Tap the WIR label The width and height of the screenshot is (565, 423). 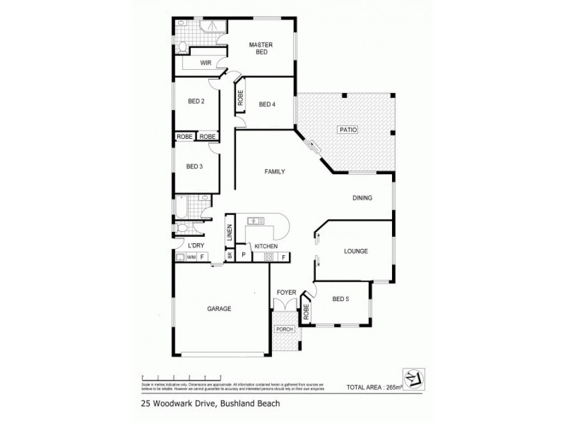pos(206,63)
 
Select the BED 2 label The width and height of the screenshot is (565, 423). pos(196,102)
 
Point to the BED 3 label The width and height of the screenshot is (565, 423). pos(195,166)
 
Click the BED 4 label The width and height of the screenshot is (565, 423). pos(267,105)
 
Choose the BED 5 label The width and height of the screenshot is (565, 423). pos(341,299)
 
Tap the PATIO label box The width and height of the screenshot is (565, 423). pos(347,130)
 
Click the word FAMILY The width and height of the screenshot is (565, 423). pos(275,172)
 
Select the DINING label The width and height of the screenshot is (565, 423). pos(362,198)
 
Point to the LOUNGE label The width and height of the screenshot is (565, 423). pos(355,250)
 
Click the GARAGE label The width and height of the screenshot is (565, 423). pos(219,308)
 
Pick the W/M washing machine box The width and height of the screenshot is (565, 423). pos(191,258)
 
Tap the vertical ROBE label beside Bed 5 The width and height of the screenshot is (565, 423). pos(306,310)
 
